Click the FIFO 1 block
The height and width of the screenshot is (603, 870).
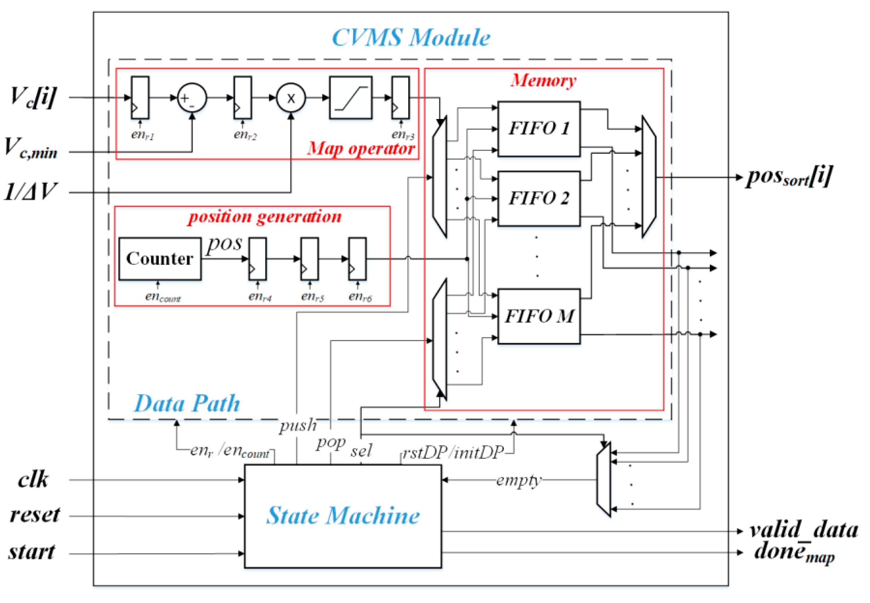tap(539, 129)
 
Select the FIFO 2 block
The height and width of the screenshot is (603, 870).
tap(539, 199)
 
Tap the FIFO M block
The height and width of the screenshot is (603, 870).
tap(539, 316)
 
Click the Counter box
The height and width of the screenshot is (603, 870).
tap(160, 259)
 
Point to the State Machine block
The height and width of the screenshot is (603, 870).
tap(343, 516)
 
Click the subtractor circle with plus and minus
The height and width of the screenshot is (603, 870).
tap(192, 98)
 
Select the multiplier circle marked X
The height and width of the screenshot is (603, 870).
tap(290, 98)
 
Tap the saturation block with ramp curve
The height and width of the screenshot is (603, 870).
tap(350, 98)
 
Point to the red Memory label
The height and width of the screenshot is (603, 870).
tap(543, 80)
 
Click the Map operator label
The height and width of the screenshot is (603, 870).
tap(361, 148)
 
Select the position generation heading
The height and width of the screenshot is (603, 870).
tap(265, 217)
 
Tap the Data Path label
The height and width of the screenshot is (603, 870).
tap(187, 403)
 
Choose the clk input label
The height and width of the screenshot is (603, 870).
tap(33, 479)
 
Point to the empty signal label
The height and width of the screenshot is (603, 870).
tap(518, 480)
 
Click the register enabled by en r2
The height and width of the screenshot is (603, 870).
tap(242, 98)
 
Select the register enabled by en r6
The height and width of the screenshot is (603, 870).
tap(357, 259)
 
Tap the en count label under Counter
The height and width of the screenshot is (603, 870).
tap(163, 297)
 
